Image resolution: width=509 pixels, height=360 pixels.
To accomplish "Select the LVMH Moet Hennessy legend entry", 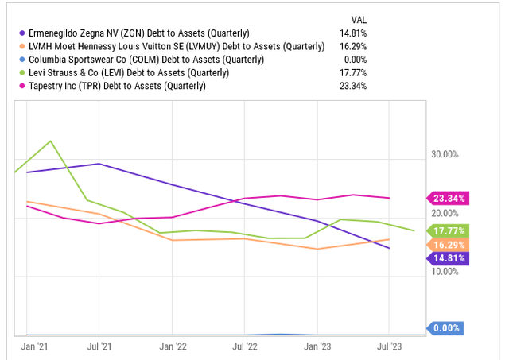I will (175, 47).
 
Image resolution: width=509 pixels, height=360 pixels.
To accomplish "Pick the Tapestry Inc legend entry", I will (116, 86).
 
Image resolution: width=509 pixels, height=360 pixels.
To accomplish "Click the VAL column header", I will (359, 19).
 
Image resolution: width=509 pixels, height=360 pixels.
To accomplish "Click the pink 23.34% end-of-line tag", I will (449, 198).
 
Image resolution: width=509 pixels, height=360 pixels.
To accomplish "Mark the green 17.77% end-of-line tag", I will (449, 230).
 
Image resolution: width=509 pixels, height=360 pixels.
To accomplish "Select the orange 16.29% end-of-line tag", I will (449, 244).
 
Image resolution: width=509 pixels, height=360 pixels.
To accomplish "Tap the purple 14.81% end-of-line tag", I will (449, 257).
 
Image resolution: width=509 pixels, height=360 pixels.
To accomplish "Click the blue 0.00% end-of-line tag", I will (449, 327).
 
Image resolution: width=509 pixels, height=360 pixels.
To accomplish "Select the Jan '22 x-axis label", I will (173, 346).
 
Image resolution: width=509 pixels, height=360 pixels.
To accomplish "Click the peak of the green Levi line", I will (51, 141).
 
